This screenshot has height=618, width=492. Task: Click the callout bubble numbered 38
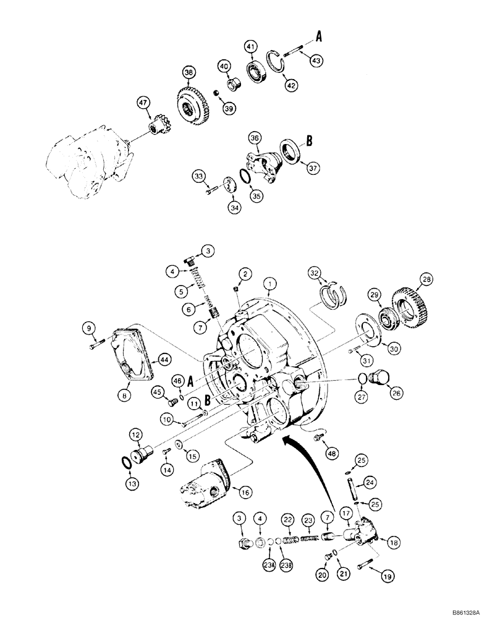(189, 72)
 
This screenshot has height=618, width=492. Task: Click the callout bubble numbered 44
(164, 358)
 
